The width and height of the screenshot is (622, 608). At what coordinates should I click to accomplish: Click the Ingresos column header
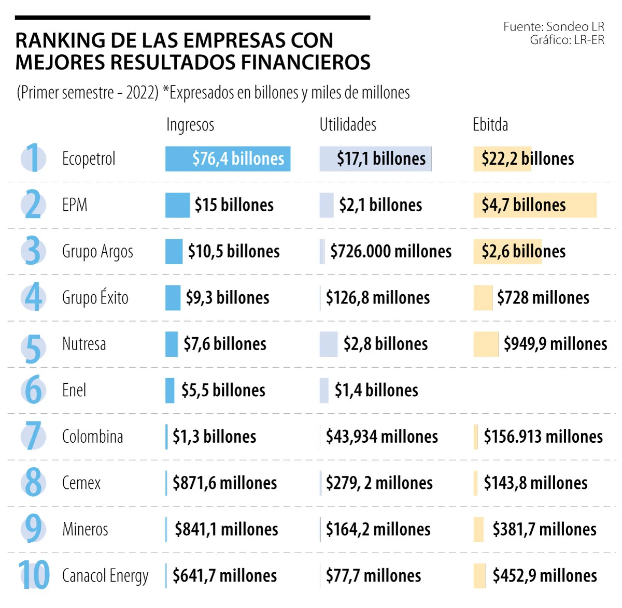(190, 125)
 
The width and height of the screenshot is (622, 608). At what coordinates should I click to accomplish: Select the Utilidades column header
(347, 125)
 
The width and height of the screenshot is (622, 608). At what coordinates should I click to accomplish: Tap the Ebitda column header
(490, 125)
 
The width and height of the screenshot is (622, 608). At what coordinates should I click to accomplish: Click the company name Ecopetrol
(89, 158)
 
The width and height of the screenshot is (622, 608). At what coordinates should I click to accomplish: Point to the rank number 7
(33, 436)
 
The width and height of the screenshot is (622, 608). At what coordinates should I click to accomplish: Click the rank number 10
(34, 575)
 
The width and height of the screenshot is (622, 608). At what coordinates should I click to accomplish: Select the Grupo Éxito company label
(95, 298)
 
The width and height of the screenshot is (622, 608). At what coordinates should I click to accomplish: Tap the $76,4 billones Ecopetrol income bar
(228, 158)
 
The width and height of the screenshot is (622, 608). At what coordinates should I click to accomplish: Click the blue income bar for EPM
(177, 205)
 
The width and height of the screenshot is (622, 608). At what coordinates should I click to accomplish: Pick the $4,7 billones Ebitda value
(524, 205)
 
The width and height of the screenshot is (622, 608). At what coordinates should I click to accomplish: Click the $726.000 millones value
(391, 252)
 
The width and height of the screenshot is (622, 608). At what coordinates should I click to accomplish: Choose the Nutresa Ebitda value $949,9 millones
(555, 344)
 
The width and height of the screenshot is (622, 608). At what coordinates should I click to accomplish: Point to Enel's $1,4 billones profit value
(376, 390)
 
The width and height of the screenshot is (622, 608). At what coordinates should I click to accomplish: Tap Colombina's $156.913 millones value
(543, 437)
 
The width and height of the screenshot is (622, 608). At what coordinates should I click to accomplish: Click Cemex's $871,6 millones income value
(225, 483)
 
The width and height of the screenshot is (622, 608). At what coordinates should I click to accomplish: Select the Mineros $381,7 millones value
(544, 529)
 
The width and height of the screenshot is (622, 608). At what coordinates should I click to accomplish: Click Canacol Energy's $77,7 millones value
(373, 575)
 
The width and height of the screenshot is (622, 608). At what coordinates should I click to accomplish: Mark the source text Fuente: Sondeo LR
(554, 26)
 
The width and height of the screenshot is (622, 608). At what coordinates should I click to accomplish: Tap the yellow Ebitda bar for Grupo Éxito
(483, 298)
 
